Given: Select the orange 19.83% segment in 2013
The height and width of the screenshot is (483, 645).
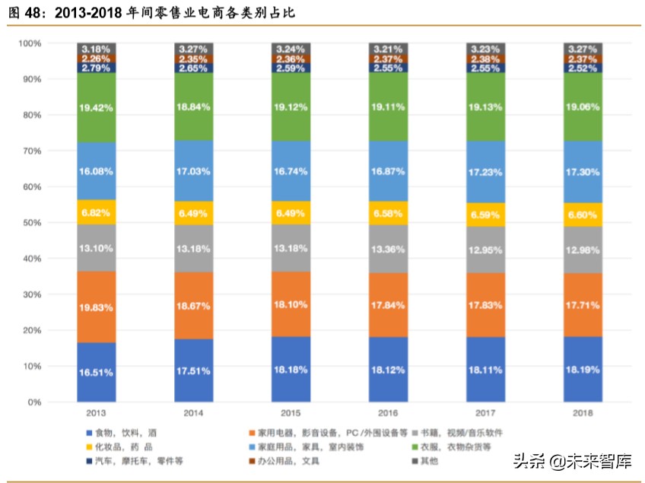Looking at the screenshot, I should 96,307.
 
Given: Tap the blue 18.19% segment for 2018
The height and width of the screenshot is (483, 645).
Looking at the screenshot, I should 583,369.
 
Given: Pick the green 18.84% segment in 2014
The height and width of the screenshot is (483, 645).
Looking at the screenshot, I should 193,107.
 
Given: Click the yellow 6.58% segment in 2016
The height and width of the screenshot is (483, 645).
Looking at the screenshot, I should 388,212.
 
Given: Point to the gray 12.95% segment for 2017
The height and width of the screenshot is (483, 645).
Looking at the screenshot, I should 485,250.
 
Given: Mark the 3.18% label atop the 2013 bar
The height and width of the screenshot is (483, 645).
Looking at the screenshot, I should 96,48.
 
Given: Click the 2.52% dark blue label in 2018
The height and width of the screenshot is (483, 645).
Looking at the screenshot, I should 583,68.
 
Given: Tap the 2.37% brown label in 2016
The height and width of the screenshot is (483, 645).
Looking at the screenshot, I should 388,59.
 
